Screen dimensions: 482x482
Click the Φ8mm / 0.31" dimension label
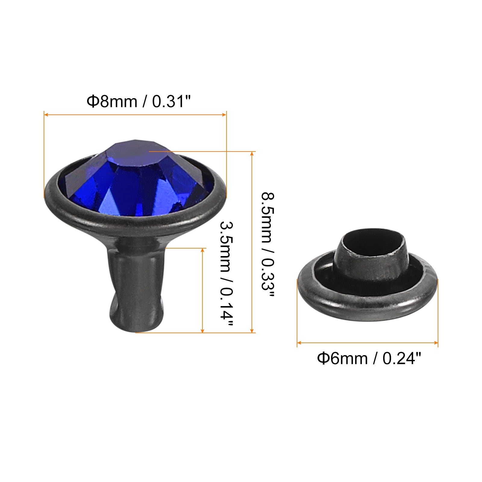coord(139,101)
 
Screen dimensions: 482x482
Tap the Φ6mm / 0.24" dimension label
coord(369,358)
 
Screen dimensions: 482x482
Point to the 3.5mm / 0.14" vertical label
coord(227,274)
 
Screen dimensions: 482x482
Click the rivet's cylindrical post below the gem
coord(137,283)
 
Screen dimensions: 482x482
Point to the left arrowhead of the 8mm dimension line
coord(46,114)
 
